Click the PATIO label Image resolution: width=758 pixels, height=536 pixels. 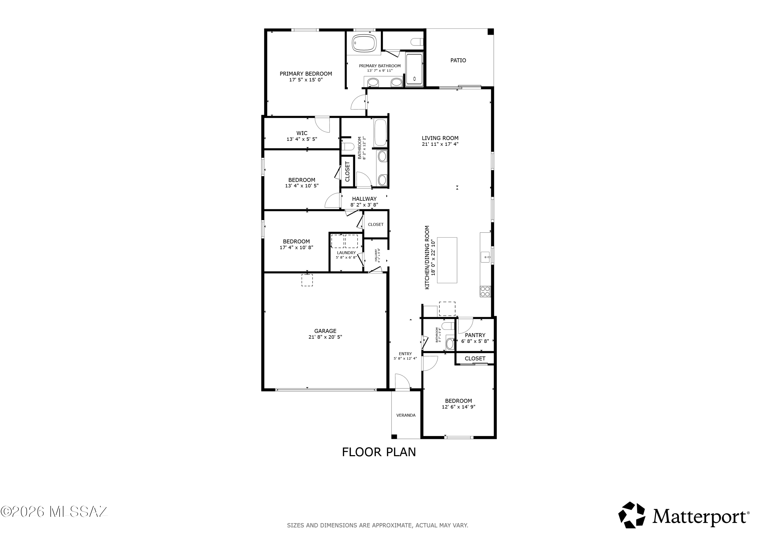click(x=458, y=60)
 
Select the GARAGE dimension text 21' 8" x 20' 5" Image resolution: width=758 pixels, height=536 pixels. click(x=325, y=337)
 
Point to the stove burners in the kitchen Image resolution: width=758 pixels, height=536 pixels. click(x=485, y=291)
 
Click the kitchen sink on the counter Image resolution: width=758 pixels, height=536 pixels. click(x=485, y=257)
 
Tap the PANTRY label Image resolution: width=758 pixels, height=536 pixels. click(x=475, y=335)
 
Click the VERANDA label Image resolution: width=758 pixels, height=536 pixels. click(x=406, y=415)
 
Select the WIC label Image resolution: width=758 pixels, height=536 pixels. click(x=302, y=133)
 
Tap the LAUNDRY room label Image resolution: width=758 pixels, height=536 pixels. click(x=346, y=253)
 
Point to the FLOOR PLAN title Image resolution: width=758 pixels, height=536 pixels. click(x=379, y=452)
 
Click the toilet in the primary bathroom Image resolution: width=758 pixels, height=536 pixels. click(x=417, y=42)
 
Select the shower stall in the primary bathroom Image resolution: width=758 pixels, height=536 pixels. click(x=414, y=70)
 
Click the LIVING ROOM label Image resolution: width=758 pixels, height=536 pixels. click(x=440, y=138)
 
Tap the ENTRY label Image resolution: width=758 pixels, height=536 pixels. click(x=405, y=354)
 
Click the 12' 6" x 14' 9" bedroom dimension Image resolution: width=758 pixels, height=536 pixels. click(x=458, y=407)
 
